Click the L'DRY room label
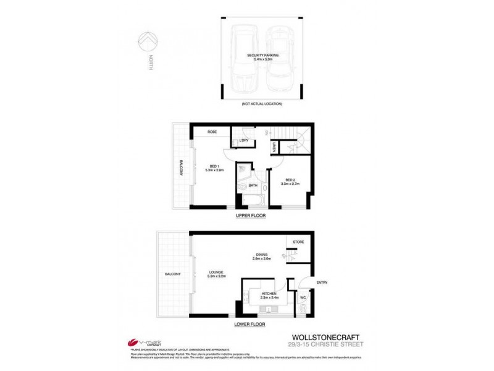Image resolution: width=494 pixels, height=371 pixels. click(243, 142)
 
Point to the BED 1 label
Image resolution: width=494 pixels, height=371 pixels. click(214, 165)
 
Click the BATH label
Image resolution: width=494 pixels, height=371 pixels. click(253, 185)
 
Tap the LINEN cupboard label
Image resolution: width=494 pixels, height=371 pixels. click(274, 147)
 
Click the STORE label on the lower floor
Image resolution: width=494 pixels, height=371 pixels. click(298, 241)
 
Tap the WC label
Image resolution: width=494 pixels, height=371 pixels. click(302, 297)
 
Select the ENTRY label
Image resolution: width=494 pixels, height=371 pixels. click(322, 283)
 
